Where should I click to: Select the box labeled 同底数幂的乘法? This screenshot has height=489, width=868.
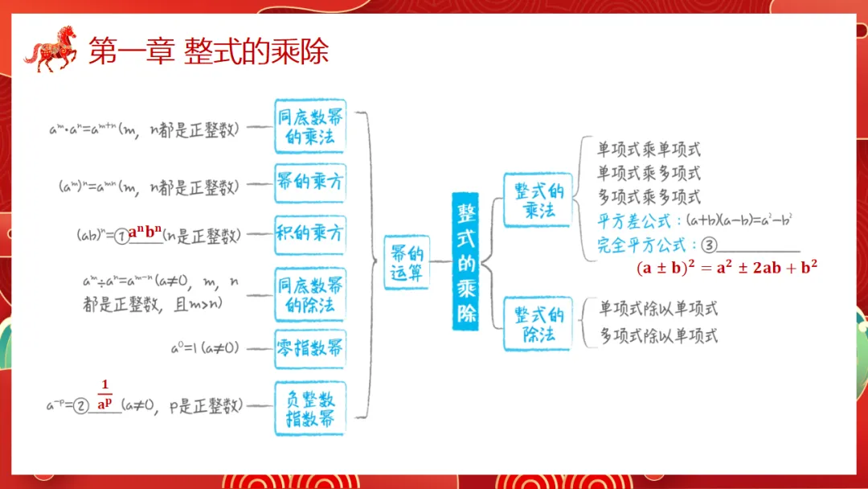coord(310,127)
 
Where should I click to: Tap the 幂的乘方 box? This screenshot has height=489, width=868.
coord(310,182)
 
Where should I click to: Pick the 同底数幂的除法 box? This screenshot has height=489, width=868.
coord(310,294)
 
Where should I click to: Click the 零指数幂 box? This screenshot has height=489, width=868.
coord(310,348)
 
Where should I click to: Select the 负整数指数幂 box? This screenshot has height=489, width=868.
coord(310,409)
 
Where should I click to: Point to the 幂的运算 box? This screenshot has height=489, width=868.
coord(406,261)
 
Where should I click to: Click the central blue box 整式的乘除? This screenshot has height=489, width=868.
coord(467,261)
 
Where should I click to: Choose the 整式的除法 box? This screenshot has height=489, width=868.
coord(538,324)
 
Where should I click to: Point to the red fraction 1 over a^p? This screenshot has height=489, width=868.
coord(104,396)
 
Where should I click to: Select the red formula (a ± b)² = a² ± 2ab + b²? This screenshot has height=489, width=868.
coord(726,268)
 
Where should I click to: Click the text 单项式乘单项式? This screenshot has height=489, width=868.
coord(648,150)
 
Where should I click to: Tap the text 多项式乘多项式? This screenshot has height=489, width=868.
coord(648,196)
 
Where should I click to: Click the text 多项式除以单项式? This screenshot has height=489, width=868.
coord(658,336)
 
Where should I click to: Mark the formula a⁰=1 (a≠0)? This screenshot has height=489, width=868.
coord(203,348)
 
